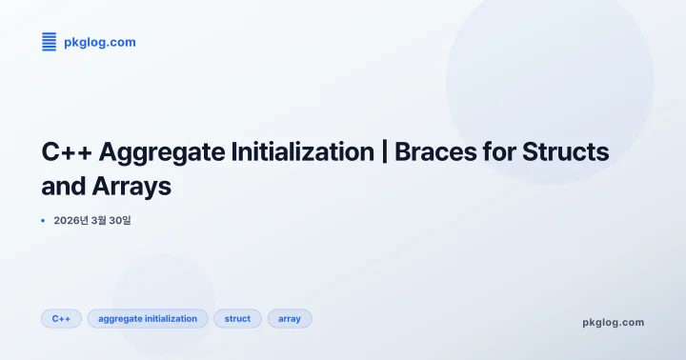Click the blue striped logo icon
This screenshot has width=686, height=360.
(49, 42)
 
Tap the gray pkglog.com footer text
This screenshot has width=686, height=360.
(613, 322)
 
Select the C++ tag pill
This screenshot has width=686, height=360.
(61, 318)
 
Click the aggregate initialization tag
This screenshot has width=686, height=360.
(148, 318)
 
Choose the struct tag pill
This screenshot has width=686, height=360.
(237, 318)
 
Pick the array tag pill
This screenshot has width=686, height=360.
(290, 318)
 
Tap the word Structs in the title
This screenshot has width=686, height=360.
(569, 152)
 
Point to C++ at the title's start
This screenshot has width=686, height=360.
(67, 152)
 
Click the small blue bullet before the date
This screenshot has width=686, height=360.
(43, 220)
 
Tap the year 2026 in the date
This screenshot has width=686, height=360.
(66, 220)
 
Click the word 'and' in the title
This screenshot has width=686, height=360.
(63, 186)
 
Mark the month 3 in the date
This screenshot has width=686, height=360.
(98, 220)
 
